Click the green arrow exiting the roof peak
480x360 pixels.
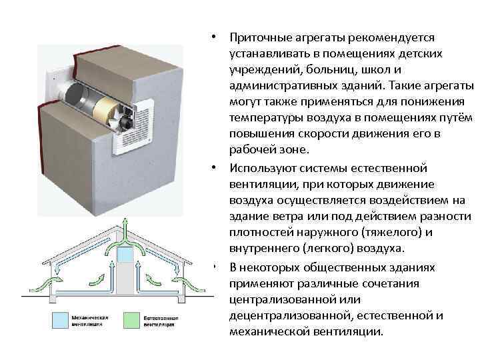coord(125,227)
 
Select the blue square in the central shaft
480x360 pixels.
coord(125,255)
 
